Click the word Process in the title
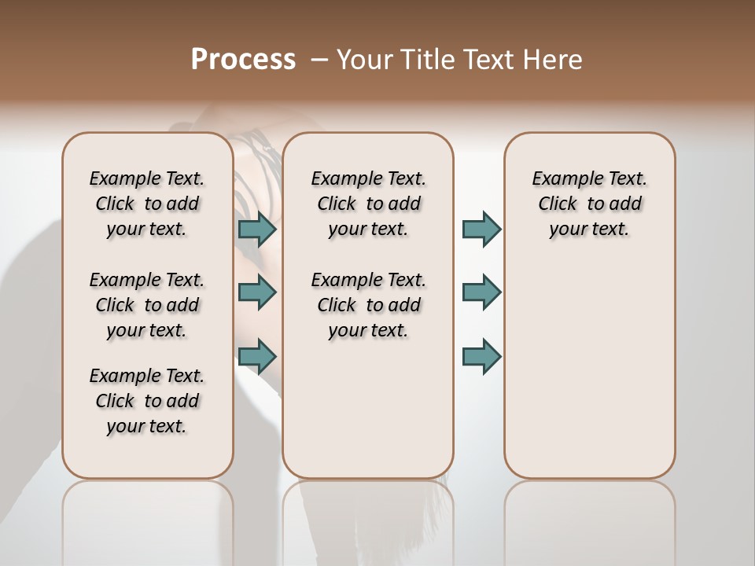(x=243, y=60)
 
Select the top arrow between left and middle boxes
(x=257, y=229)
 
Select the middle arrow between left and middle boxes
(x=257, y=292)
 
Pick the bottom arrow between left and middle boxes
(x=257, y=356)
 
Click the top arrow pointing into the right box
(x=481, y=229)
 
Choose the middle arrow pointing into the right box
(x=481, y=292)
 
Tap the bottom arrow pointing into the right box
(x=481, y=356)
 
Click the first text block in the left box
(x=147, y=204)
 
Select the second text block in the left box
(x=147, y=305)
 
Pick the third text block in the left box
(x=147, y=401)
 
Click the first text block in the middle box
(x=368, y=204)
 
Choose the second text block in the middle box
(x=368, y=305)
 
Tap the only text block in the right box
(x=589, y=204)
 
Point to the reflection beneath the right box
(x=589, y=519)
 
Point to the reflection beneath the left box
(x=147, y=519)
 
